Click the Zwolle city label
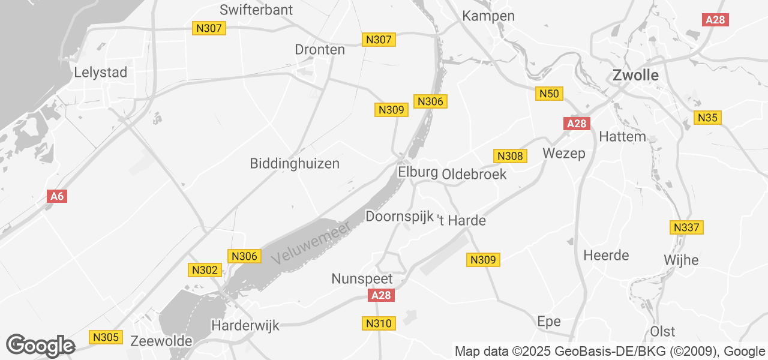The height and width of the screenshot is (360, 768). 635,76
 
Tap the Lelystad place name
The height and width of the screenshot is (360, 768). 101,73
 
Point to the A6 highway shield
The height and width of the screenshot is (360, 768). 57,196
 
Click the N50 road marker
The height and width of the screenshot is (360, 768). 549,94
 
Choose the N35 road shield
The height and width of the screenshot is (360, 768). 707,118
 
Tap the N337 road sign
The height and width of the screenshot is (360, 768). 686,227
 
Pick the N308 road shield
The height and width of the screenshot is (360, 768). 510,156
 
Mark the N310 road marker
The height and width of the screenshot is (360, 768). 379,323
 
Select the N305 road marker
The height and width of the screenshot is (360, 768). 106,337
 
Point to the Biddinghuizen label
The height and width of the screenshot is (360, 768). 295,163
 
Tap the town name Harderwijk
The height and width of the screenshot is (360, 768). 245,326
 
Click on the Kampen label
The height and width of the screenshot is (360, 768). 488,16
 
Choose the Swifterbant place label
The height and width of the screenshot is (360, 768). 256,10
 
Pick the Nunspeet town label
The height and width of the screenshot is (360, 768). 362,279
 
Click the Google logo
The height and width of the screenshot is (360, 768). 41,346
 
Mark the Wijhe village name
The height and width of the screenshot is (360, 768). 682,260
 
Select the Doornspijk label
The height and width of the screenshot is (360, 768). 399,216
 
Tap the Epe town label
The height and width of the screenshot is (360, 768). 549,321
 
